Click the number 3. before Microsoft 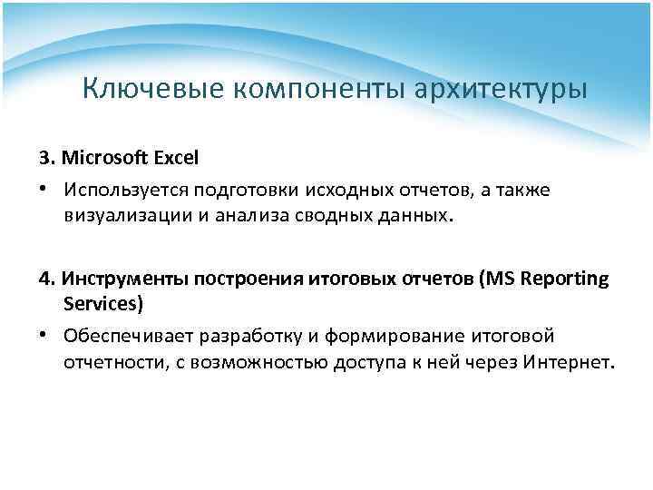[x=47, y=157]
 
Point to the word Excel [x=176, y=157]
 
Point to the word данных [x=409, y=214]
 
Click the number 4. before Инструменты [x=47, y=279]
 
